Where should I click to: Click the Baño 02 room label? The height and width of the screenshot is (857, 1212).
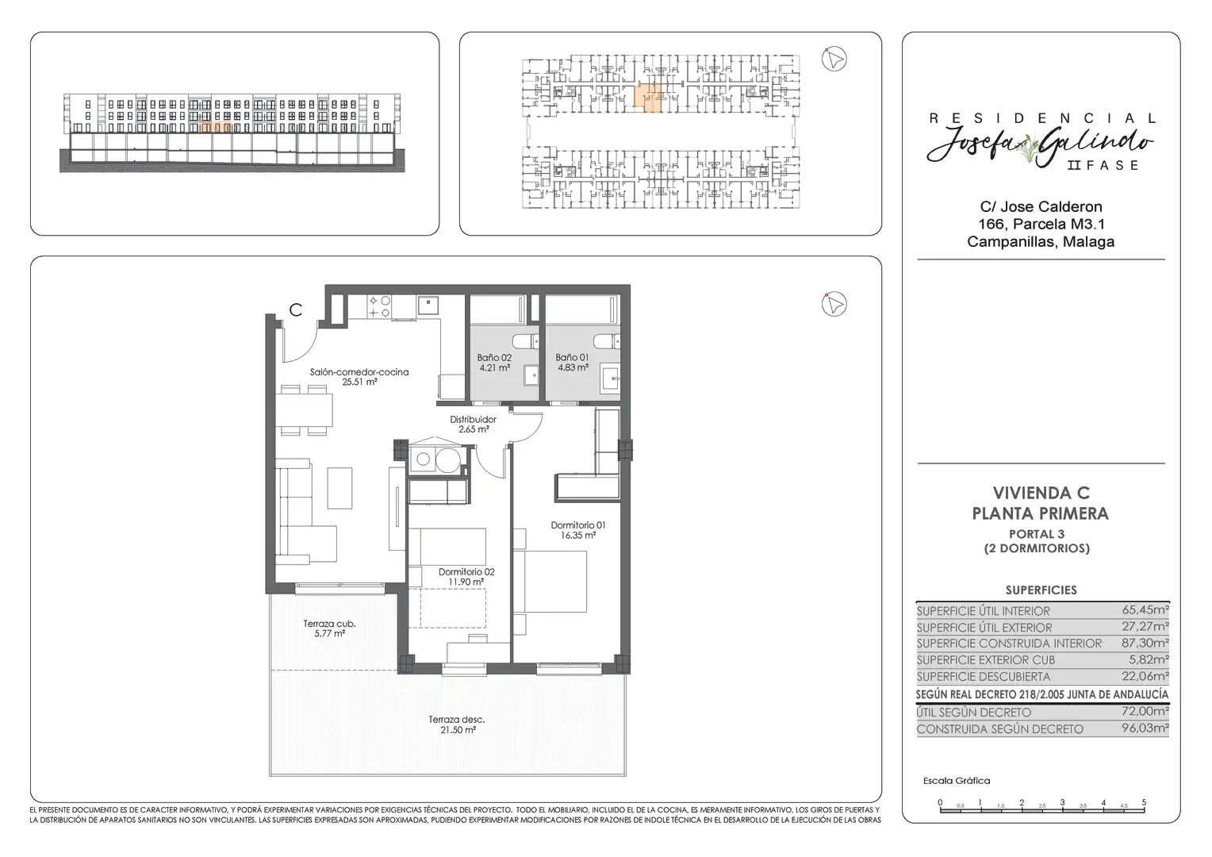click(494, 358)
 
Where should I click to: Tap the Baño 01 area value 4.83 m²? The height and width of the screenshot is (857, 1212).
click(573, 367)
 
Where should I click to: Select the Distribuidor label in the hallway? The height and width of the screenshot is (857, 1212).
click(473, 420)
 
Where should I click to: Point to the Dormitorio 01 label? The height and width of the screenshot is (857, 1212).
click(578, 525)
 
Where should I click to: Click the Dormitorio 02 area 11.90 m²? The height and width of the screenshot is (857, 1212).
click(466, 582)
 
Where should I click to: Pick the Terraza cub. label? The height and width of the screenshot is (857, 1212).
click(329, 624)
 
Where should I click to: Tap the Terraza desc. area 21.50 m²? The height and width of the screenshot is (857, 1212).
click(458, 730)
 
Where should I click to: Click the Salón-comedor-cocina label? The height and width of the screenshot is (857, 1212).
click(359, 372)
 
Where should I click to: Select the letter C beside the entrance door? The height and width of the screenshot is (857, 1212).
click(295, 310)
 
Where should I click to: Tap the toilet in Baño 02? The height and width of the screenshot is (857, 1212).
click(525, 341)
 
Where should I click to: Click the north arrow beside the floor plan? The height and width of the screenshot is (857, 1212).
click(834, 304)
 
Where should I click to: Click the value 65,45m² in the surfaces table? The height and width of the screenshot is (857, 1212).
click(1145, 610)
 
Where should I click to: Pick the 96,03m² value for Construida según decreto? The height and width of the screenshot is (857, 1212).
click(1145, 728)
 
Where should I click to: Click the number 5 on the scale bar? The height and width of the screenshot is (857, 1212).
click(1144, 802)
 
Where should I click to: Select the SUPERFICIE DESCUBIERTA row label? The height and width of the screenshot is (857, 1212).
click(983, 677)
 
